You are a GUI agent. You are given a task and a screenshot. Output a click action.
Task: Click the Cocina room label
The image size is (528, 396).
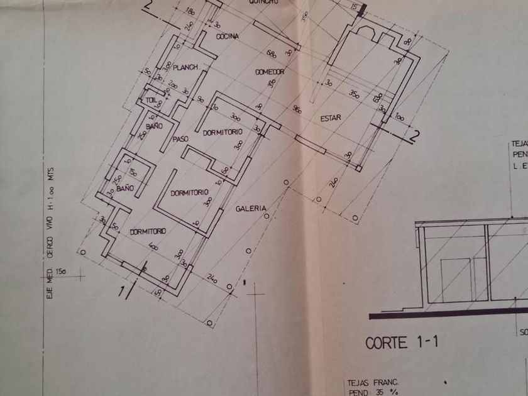[x=227, y=36]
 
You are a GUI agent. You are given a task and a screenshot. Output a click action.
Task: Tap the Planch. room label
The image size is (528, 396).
[x=186, y=67]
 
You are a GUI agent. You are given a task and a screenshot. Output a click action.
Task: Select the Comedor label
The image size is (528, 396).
[x=270, y=73]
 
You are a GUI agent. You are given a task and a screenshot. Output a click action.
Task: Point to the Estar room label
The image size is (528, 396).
[x=330, y=118]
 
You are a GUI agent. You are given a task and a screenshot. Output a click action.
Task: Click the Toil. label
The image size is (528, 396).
[x=150, y=99]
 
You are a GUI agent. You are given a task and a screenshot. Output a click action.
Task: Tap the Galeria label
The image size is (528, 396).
[x=251, y=208]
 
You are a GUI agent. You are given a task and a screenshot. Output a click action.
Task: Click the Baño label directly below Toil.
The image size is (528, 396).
[x=155, y=126]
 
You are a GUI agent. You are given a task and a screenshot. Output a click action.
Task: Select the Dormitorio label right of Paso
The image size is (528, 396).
[x=223, y=133]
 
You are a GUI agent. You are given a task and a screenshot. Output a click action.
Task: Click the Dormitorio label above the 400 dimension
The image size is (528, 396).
[x=148, y=231]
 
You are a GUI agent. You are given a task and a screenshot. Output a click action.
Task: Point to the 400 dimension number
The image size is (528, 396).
[x=153, y=247]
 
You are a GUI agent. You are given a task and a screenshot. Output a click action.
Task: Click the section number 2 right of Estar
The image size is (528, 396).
[x=414, y=134]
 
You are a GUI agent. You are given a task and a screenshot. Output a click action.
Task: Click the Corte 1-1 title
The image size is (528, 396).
[x=400, y=343]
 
